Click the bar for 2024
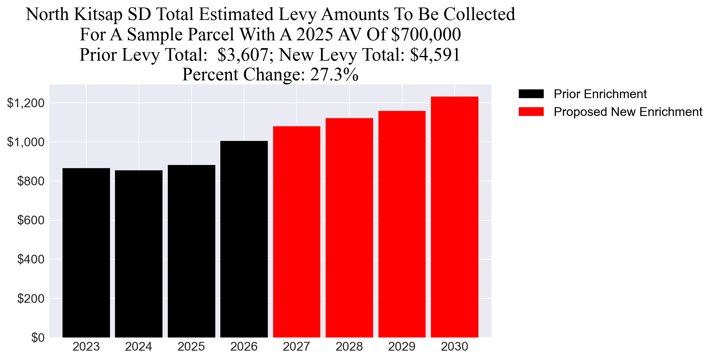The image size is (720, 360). (x=138, y=254)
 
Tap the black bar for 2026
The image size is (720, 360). (x=244, y=239)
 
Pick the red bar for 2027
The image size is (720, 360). (x=297, y=232)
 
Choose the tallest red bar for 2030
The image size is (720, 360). (x=454, y=217)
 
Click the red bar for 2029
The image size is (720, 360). (x=402, y=224)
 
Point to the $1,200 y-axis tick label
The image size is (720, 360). (x=26, y=103)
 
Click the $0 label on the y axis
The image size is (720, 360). (x=38, y=338)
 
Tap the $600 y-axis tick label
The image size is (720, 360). (x=31, y=220)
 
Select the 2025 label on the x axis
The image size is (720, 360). (x=191, y=347)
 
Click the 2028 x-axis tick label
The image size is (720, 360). (x=349, y=347)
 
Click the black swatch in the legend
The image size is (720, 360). (x=531, y=94)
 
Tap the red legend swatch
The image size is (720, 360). (x=531, y=112)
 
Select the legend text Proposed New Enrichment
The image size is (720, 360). (x=628, y=112)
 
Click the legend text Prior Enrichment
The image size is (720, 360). (x=600, y=94)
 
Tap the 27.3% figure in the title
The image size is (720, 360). (x=334, y=75)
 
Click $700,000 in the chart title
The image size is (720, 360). (x=426, y=34)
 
